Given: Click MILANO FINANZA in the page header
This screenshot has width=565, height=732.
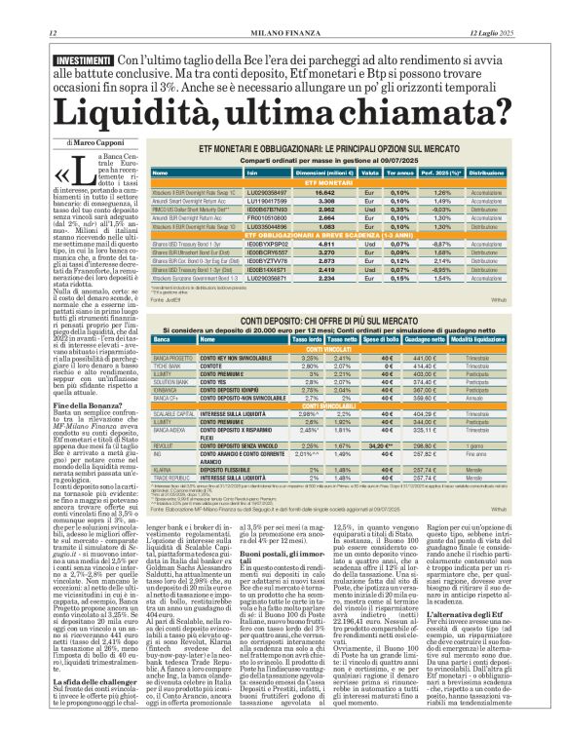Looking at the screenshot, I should point(282,8).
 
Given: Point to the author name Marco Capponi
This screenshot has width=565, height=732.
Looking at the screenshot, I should point(98,143).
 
